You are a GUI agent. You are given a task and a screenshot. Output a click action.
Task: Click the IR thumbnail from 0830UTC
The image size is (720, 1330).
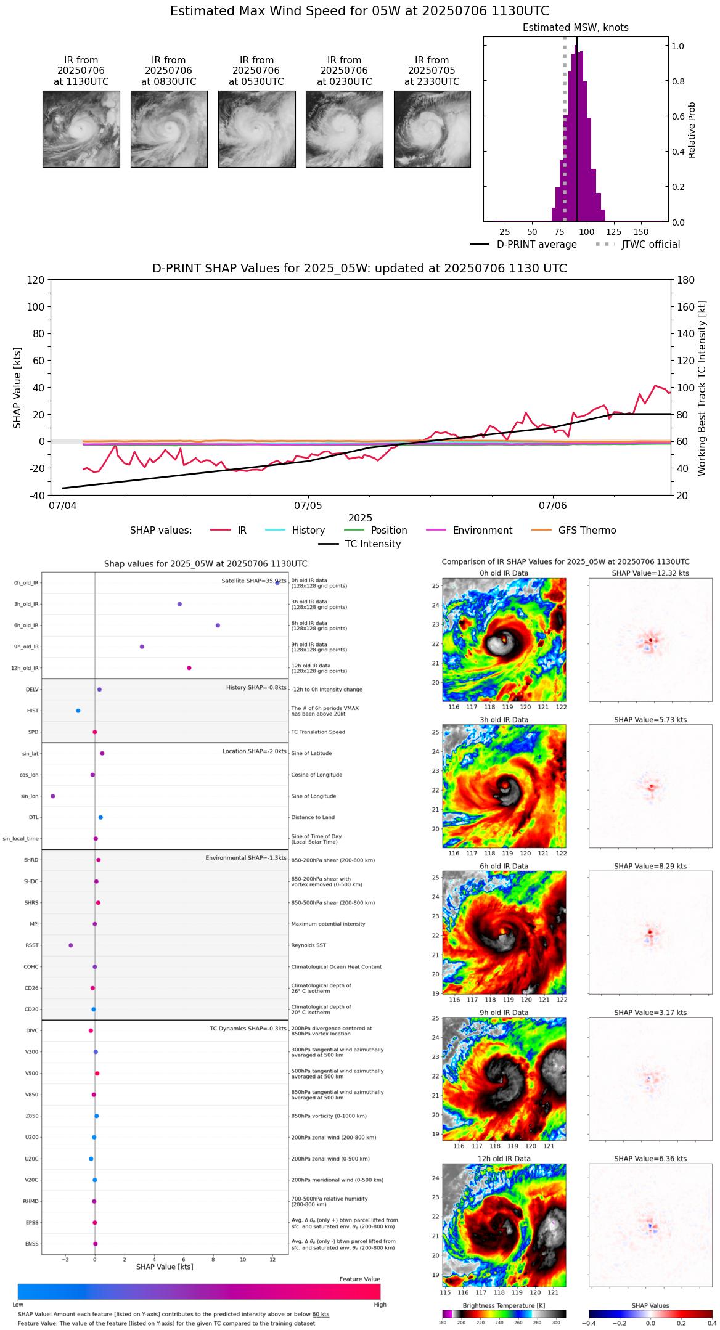[168, 129]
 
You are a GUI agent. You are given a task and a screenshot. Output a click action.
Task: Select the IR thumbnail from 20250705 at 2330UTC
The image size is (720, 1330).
[432, 129]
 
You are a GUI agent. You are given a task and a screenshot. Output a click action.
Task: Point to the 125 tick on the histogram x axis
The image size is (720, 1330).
[613, 232]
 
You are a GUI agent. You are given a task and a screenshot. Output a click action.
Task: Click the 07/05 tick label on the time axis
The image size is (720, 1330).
[308, 506]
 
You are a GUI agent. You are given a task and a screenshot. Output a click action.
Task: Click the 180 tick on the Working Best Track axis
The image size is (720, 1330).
[686, 280]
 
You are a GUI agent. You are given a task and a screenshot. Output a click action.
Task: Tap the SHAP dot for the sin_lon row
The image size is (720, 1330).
[53, 796]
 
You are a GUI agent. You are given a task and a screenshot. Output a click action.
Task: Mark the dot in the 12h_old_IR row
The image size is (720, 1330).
[189, 668]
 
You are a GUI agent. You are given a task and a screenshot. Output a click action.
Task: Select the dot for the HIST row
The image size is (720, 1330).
[78, 711]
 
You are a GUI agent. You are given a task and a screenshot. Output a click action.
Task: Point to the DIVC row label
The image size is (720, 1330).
[32, 1030]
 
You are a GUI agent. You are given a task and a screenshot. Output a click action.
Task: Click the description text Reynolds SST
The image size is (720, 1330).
[309, 945]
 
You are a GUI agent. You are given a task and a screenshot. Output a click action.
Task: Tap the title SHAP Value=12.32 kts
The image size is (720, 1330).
[650, 573]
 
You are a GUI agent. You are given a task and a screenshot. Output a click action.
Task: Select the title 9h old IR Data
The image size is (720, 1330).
[504, 1013]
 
